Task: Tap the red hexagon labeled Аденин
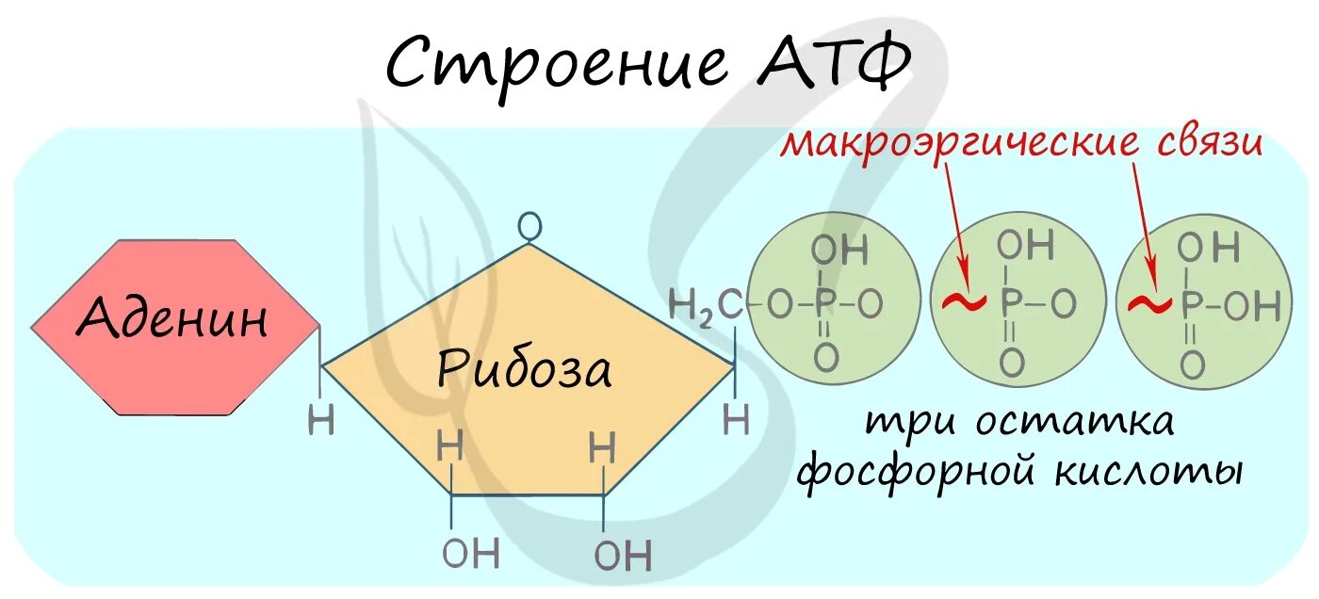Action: coord(174,326)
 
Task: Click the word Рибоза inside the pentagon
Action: coord(524,370)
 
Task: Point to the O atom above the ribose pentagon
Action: coord(531,226)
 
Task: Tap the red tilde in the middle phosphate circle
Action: coord(963,303)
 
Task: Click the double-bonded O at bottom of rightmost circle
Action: coord(1192,363)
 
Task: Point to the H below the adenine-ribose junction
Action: coord(321,420)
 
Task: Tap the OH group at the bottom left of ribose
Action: coord(470,553)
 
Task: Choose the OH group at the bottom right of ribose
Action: coord(622,556)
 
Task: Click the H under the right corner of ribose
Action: coord(736,420)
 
